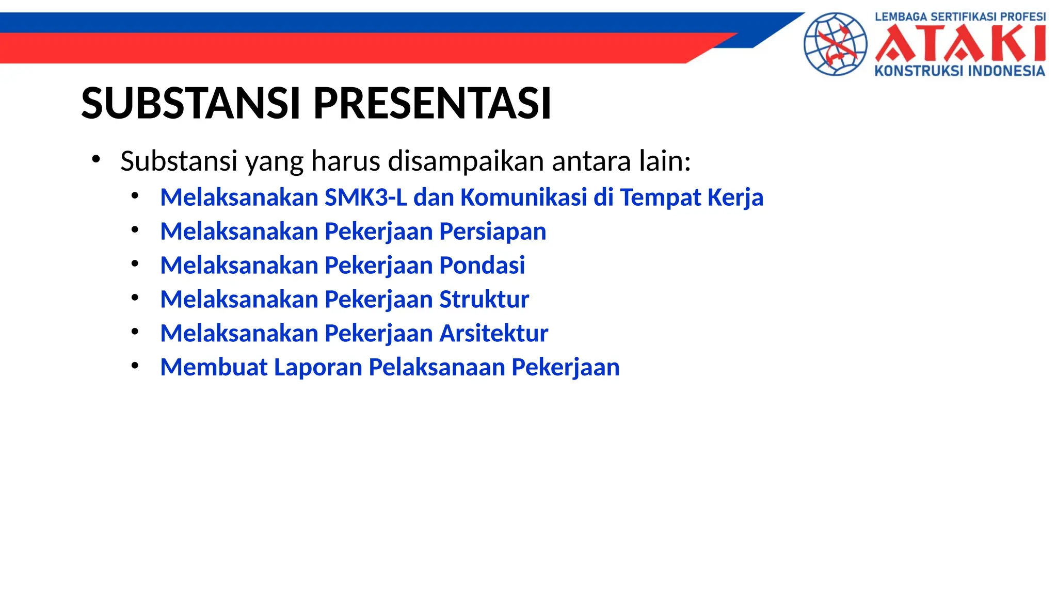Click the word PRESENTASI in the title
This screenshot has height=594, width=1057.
coord(433,103)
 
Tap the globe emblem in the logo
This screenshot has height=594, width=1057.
coord(835,44)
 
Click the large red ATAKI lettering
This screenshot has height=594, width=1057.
coord(960,44)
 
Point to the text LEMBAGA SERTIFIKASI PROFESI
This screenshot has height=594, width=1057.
coord(960,16)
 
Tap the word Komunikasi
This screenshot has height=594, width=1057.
coord(523,197)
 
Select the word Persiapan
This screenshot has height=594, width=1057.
coord(492,232)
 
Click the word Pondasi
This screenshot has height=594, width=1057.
coord(482,266)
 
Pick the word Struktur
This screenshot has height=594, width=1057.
coord(484,300)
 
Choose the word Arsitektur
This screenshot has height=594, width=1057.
coord(493,334)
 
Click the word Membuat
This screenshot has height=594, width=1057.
coord(214,368)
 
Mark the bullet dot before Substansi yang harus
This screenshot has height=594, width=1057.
coord(95,159)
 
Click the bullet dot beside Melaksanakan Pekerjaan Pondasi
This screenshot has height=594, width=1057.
coord(135,264)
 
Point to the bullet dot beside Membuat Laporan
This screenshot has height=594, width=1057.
coord(135,366)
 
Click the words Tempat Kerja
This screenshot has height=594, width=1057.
coord(691,197)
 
